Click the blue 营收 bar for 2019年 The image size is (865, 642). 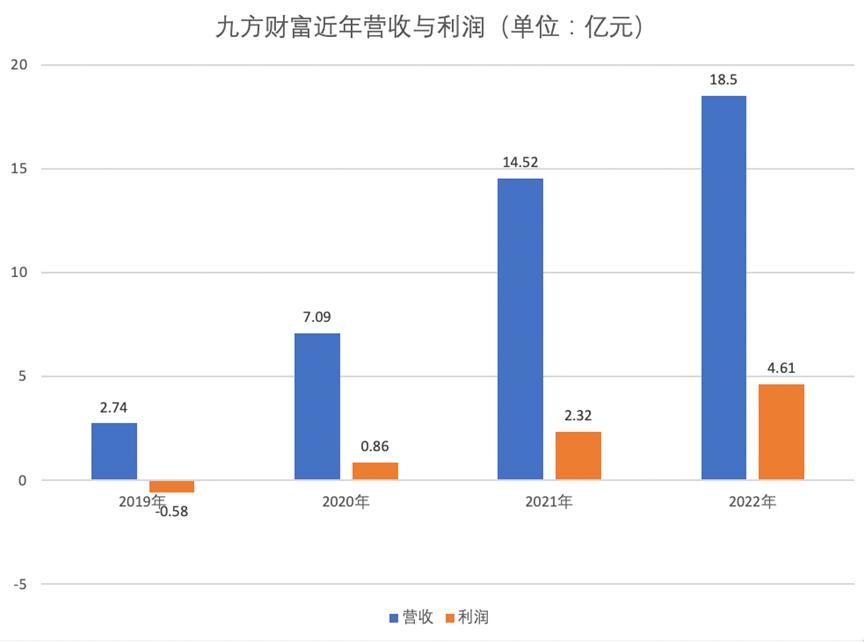click(114, 451)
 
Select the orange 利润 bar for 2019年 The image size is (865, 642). click(172, 486)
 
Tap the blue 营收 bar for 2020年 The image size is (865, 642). click(317, 406)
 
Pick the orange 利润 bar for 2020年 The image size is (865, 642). click(375, 471)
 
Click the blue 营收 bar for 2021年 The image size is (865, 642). click(520, 329)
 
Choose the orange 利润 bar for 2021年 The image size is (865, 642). click(578, 456)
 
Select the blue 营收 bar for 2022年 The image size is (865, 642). click(723, 288)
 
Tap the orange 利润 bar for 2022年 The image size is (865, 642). click(781, 432)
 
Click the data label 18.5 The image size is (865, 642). click(723, 80)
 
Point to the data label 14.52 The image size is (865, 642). click(520, 162)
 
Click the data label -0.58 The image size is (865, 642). click(172, 512)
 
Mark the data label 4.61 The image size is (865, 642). click(781, 367)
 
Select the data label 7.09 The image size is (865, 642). click(317, 317)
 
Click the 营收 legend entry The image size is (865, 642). click(410, 617)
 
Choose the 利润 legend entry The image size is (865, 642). click(467, 617)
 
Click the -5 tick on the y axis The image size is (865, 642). click(19, 584)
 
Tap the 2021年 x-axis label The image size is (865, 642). click(549, 503)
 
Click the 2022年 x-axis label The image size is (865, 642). click(752, 503)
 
